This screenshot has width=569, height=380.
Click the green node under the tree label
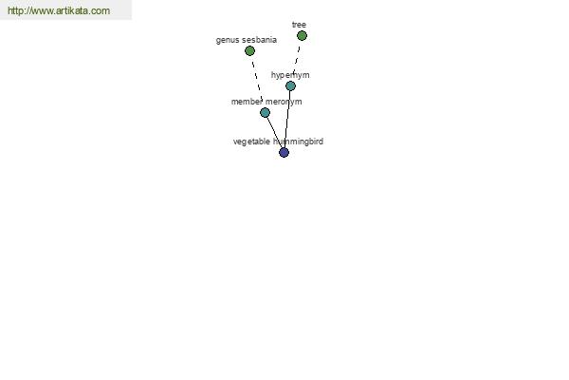click(x=302, y=36)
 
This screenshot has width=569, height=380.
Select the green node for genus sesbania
click(x=249, y=51)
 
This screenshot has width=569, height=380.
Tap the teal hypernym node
click(x=290, y=86)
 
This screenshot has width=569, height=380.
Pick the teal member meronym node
click(x=265, y=113)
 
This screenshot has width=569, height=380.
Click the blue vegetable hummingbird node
click(x=284, y=152)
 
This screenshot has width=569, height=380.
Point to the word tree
click(x=299, y=25)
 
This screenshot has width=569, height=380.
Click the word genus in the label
click(x=225, y=40)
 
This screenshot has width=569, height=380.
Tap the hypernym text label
click(x=290, y=75)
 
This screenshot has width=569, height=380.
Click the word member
click(x=247, y=102)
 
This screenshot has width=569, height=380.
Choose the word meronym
click(x=284, y=102)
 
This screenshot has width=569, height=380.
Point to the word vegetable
click(x=251, y=142)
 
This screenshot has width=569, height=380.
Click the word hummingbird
click(x=298, y=142)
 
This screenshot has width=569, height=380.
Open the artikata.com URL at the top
click(x=59, y=10)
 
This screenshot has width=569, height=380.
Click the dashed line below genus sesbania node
click(x=257, y=80)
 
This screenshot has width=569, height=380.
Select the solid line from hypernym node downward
click(x=287, y=120)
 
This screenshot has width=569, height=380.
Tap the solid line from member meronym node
click(x=274, y=132)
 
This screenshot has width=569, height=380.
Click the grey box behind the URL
click(x=65, y=9)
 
